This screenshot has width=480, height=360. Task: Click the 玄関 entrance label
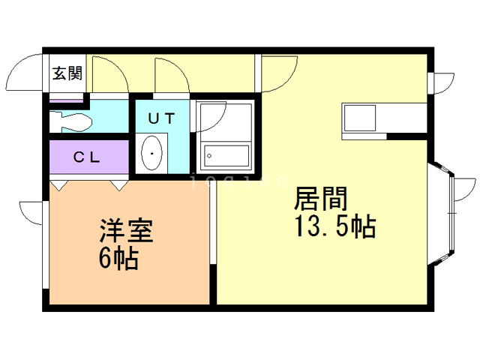[67, 73]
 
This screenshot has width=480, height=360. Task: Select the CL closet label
[88, 158]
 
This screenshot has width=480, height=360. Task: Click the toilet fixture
[71, 121]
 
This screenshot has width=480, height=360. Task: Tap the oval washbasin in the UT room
[153, 153]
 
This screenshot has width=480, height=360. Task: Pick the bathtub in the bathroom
[226, 155]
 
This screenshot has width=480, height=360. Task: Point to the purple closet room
[88, 158]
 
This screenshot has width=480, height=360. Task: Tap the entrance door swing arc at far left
[22, 73]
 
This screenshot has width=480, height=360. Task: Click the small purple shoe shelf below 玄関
[67, 98]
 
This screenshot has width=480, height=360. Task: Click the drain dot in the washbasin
[153, 153]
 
